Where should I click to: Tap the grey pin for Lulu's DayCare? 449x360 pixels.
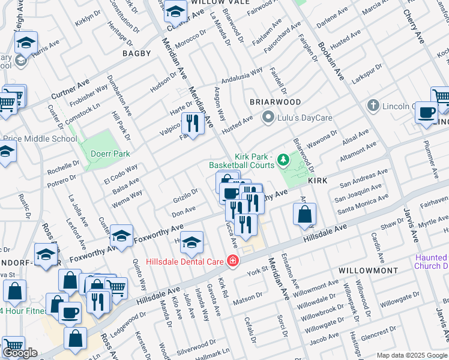point(268,116)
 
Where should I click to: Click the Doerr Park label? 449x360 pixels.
point(110,154)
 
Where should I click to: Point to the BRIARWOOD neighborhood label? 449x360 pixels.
point(276,102)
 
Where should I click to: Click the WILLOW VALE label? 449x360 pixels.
point(215,2)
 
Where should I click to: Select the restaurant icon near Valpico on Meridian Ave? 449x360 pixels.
point(192,124)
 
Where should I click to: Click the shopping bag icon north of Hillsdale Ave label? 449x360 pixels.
point(305,214)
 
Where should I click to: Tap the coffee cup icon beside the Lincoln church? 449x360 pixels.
point(427,112)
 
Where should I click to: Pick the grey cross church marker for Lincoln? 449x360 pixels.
point(373,106)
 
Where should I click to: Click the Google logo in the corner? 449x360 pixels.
point(20,353)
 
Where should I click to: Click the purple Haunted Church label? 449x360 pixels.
point(431,262)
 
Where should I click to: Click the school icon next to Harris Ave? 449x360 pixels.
point(26,42)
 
